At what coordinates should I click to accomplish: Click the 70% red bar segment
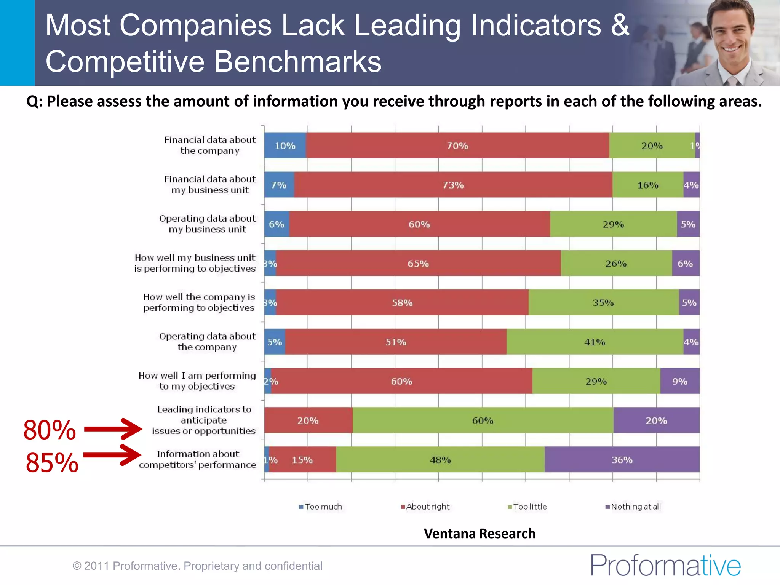pyautogui.click(x=457, y=145)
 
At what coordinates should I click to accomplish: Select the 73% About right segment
pyautogui.click(x=453, y=185)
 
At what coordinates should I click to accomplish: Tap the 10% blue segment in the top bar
pyautogui.click(x=285, y=145)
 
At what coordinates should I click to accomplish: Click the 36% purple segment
pyautogui.click(x=622, y=460)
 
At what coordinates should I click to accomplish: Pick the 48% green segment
pyautogui.click(x=440, y=460)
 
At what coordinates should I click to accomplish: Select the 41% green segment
pyautogui.click(x=595, y=342)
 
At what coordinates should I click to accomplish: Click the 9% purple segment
pyautogui.click(x=679, y=381)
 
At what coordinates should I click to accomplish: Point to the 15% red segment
pyautogui.click(x=302, y=460)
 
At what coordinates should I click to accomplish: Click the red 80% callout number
pyautogui.click(x=50, y=430)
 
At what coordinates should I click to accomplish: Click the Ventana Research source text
pyautogui.click(x=479, y=534)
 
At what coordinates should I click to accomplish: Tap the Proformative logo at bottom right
pyautogui.click(x=665, y=565)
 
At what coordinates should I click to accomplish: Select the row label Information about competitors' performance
pyautogui.click(x=197, y=459)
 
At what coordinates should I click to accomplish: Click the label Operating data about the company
pyautogui.click(x=207, y=342)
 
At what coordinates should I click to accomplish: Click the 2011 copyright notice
pyautogui.click(x=197, y=566)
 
